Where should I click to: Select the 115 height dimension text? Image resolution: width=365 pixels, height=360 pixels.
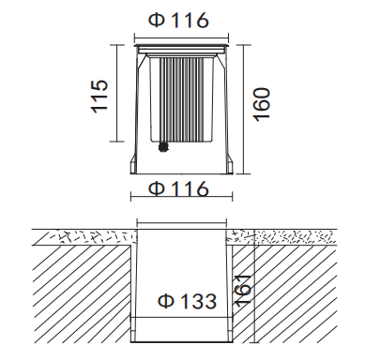coord(101,96)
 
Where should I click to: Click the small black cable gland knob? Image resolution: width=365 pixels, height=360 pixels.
coord(163,146)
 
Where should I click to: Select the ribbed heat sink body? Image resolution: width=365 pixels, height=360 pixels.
coord(181,98)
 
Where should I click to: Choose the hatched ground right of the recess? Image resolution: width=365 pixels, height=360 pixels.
coord(300,295)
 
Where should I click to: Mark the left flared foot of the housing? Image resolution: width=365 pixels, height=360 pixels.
coord(137,165)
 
